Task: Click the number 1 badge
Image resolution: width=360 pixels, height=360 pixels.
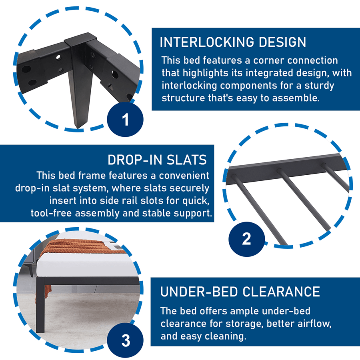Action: [125, 119]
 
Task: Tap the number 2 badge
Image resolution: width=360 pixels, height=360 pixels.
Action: [246, 239]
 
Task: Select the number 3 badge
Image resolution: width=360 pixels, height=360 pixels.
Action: [125, 341]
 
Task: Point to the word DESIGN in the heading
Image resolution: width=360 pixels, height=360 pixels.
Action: [283, 42]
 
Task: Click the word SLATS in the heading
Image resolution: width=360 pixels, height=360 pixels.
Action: [187, 160]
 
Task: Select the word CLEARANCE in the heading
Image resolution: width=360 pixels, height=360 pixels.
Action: [281, 292]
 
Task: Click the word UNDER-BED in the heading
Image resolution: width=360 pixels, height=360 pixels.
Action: [199, 292]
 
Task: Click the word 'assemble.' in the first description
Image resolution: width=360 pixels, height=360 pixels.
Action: [296, 98]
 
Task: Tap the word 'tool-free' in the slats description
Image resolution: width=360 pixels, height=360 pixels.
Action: [51, 213]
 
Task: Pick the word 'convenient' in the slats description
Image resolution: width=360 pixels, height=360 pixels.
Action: [184, 176]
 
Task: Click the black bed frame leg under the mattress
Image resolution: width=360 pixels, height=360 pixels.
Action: [40, 305]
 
